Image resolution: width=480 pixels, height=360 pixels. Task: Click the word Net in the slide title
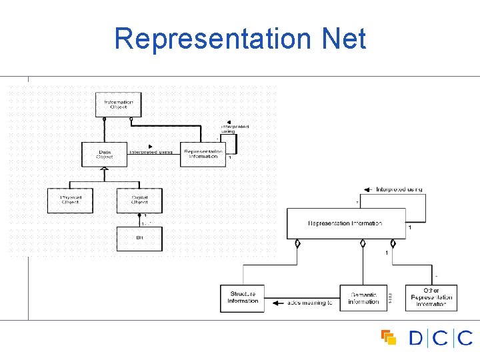click(343, 39)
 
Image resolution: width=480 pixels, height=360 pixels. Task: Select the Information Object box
click(119, 105)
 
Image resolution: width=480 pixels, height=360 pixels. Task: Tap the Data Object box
click(104, 154)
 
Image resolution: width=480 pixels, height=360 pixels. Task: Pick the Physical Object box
click(70, 200)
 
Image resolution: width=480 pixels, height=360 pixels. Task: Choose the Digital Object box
click(139, 200)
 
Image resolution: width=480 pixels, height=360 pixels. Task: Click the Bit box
click(139, 239)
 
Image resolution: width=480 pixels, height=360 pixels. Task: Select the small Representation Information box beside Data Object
click(203, 154)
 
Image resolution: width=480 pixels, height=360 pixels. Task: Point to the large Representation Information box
click(345, 223)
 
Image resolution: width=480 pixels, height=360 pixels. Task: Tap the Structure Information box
click(242, 298)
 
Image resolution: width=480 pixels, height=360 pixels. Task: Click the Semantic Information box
click(363, 298)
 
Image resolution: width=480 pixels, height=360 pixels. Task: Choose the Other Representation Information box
click(431, 297)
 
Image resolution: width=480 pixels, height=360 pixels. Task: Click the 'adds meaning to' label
click(309, 303)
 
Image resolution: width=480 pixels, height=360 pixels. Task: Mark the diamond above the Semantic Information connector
click(363, 243)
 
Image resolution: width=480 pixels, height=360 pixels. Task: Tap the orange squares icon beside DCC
click(388, 337)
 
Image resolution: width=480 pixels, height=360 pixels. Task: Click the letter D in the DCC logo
click(415, 338)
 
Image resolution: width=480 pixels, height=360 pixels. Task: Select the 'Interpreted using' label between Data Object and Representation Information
click(151, 152)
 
